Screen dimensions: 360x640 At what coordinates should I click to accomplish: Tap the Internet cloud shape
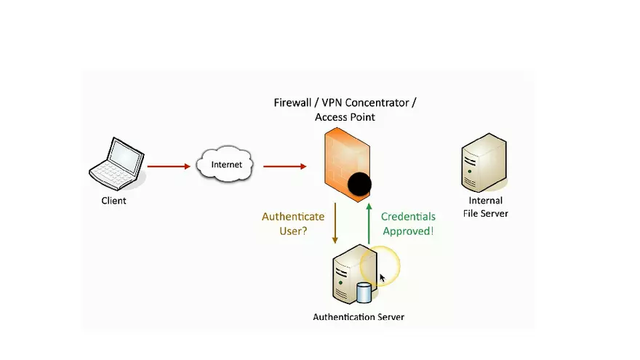pyautogui.click(x=225, y=164)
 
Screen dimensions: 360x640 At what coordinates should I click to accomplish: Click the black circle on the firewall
pyautogui.click(x=359, y=186)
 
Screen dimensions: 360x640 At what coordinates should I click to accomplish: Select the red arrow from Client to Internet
pyautogui.click(x=169, y=167)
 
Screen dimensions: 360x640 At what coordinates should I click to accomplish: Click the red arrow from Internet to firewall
pyautogui.click(x=284, y=167)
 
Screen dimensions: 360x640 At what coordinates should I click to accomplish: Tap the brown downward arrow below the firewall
pyautogui.click(x=335, y=224)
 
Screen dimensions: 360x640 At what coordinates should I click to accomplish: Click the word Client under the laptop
pyautogui.click(x=113, y=201)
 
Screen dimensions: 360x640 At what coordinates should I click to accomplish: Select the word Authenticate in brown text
pyautogui.click(x=293, y=217)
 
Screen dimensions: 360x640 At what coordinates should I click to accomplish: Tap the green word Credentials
pyautogui.click(x=408, y=217)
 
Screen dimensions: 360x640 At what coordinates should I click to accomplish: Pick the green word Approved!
pyautogui.click(x=408, y=231)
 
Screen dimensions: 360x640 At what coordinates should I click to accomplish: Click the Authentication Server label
pyautogui.click(x=359, y=317)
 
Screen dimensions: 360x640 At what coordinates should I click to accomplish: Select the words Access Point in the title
pyautogui.click(x=345, y=117)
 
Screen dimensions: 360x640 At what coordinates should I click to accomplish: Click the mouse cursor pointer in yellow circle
pyautogui.click(x=383, y=278)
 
